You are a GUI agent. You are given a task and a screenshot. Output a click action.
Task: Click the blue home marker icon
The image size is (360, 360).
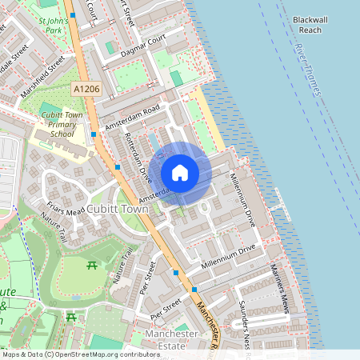[x=180, y=173]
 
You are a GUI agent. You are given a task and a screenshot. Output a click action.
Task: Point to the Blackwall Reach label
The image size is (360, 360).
[x=306, y=24]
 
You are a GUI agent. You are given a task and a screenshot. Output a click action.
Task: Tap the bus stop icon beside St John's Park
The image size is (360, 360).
[x=73, y=15]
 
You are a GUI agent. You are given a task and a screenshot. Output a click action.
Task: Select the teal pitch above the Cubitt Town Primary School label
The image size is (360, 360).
[x=50, y=108]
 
